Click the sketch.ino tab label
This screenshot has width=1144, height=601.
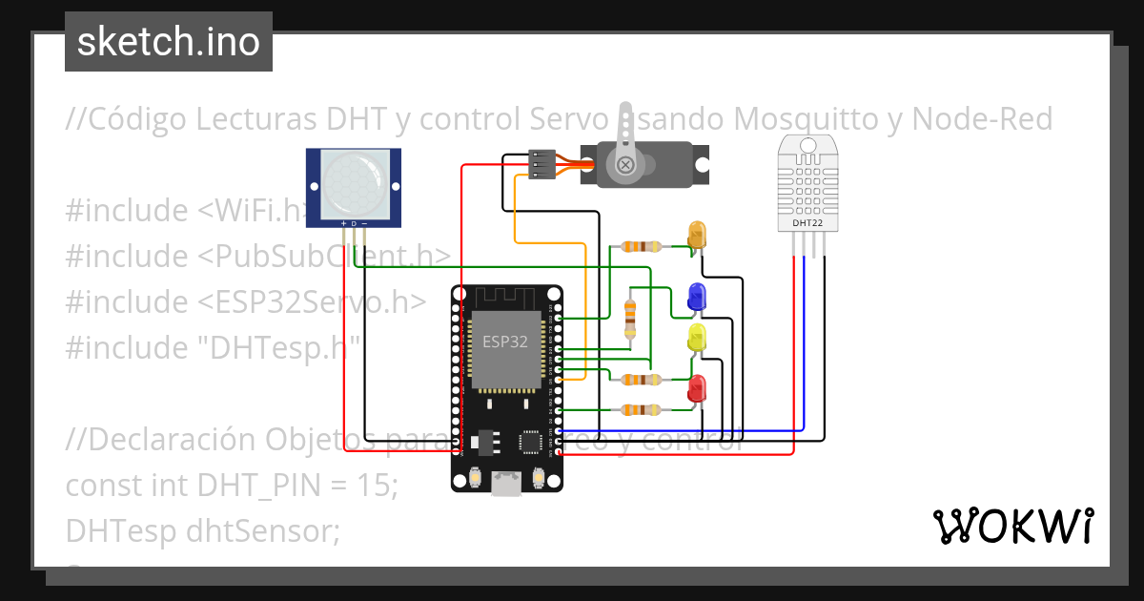169,42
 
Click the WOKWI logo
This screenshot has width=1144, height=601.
1012,526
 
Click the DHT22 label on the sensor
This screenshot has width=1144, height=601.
807,223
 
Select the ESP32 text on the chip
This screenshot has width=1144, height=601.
504,342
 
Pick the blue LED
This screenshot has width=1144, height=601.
697,296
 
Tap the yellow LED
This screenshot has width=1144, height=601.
697,337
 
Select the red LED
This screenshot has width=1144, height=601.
697,388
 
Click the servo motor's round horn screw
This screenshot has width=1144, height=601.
626,165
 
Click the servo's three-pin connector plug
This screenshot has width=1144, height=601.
541,164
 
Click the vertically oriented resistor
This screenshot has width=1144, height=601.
629,317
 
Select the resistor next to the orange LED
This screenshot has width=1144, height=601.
641,246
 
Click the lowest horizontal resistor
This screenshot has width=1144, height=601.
641,410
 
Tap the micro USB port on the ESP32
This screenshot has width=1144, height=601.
505,485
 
